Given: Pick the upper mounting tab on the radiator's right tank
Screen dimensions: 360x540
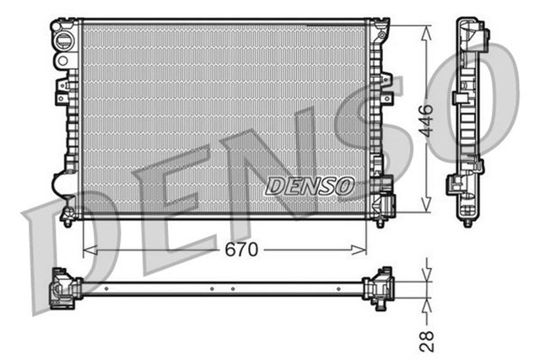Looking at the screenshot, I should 386,82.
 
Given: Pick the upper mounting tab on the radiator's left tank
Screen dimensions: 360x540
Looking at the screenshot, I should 62,93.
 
